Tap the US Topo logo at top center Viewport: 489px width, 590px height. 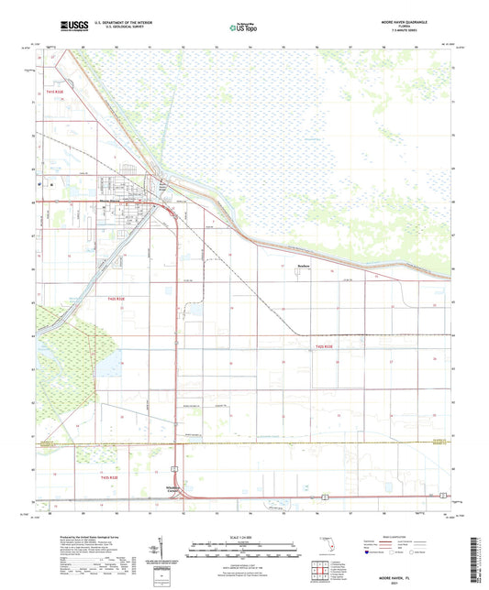pyautogui.click(x=242, y=27)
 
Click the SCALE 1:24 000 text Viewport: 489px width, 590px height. pyautogui.click(x=244, y=536)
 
